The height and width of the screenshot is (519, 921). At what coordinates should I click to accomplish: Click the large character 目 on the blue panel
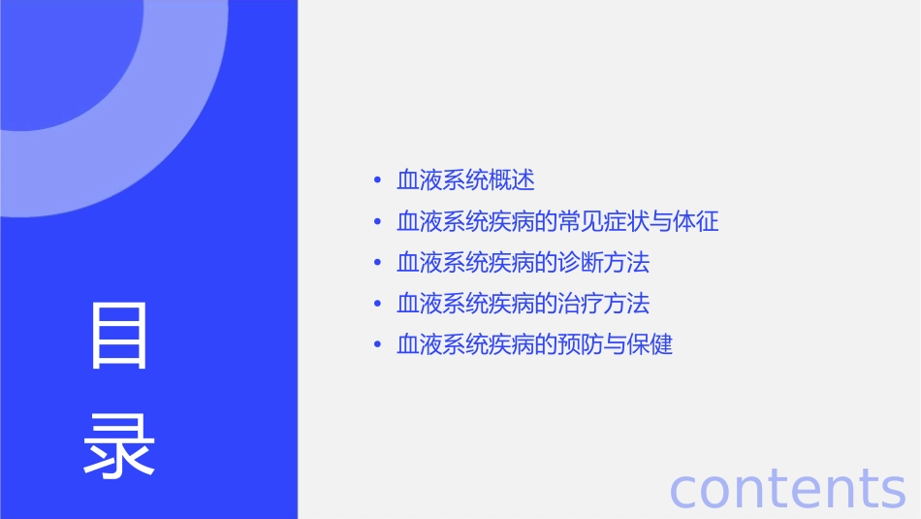(120, 336)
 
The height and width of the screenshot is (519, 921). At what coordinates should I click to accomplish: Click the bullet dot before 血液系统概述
(377, 181)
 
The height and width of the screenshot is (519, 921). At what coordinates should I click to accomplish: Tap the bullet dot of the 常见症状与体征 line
(377, 222)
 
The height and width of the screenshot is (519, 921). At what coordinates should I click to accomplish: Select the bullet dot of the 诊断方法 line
(377, 263)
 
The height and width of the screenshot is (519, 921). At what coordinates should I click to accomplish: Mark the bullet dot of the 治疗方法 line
(377, 305)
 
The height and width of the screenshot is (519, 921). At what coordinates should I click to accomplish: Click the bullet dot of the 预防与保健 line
(377, 345)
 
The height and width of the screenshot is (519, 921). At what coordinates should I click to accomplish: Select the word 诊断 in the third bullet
(580, 263)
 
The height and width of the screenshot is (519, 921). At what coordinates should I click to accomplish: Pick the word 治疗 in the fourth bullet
(580, 304)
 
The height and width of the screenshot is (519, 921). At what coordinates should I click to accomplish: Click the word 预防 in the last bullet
(580, 345)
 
